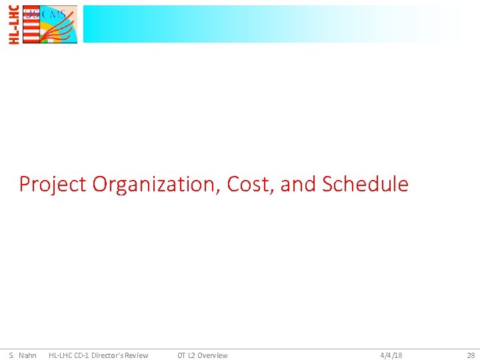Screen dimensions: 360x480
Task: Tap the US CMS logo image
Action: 50,25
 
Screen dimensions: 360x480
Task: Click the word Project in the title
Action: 53,184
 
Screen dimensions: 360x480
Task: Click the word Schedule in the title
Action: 365,184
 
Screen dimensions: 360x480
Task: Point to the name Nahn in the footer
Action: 28,355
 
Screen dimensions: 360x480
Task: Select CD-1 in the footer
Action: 83,355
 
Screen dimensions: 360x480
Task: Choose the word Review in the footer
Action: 137,355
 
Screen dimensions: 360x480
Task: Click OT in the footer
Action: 181,355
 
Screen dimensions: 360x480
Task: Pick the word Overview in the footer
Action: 213,355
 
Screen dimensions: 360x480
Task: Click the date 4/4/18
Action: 391,355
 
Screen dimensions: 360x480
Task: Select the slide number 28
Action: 471,355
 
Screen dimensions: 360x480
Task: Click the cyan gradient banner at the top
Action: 267,24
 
